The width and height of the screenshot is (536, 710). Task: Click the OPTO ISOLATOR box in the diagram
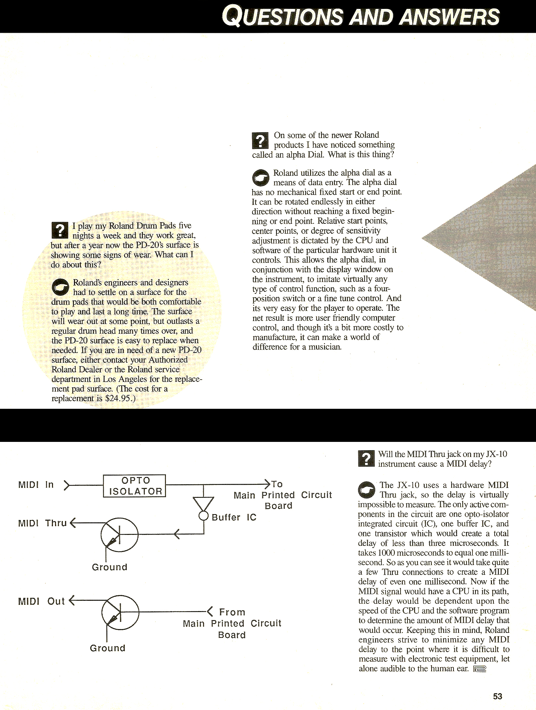[134, 486]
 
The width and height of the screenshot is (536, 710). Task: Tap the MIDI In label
[36, 485]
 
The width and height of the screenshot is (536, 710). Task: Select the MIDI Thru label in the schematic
[42, 523]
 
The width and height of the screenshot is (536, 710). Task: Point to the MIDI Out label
[41, 601]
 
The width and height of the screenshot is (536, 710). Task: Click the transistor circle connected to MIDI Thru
[119, 535]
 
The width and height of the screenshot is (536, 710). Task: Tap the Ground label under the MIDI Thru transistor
[110, 567]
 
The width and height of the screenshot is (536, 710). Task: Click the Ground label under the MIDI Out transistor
[108, 648]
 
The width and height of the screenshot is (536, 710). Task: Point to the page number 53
[498, 696]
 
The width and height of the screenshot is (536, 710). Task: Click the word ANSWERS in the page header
[450, 17]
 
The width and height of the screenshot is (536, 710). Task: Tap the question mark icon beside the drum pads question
[60, 230]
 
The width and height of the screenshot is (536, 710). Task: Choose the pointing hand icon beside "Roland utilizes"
[261, 178]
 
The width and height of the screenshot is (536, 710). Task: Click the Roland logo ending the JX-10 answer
[479, 669]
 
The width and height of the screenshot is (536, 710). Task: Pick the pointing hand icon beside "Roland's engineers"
[60, 287]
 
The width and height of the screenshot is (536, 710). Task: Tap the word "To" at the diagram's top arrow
[277, 484]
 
